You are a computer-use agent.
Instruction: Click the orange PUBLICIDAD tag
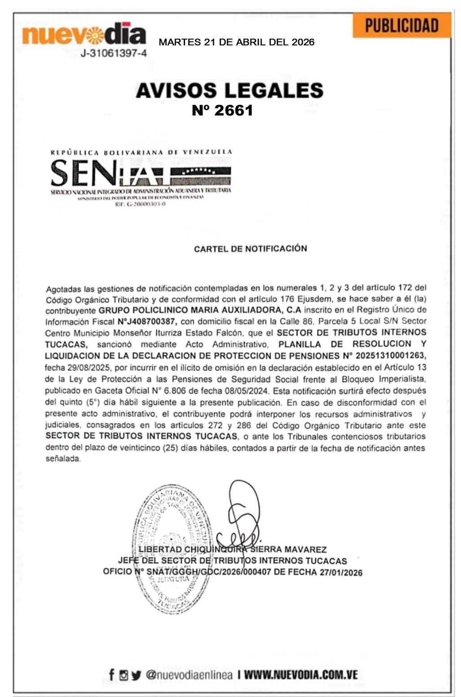[402, 26]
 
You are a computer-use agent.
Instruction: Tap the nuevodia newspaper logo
[84, 34]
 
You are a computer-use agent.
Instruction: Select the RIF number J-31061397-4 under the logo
[114, 53]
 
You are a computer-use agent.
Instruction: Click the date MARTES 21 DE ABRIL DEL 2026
[237, 43]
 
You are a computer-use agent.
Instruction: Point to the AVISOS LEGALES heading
[230, 90]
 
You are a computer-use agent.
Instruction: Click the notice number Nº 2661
[222, 111]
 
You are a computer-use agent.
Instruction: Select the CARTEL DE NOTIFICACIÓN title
[250, 249]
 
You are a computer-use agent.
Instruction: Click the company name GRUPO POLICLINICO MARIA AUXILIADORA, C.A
[200, 310]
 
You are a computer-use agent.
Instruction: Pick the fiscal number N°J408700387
[147, 322]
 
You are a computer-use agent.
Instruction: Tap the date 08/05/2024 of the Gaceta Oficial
[249, 391]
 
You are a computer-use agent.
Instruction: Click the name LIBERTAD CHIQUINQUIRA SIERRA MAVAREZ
[232, 549]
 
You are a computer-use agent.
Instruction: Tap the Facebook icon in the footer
[112, 675]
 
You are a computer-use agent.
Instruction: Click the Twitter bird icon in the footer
[136, 675]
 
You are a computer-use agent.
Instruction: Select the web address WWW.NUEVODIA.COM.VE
[301, 675]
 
